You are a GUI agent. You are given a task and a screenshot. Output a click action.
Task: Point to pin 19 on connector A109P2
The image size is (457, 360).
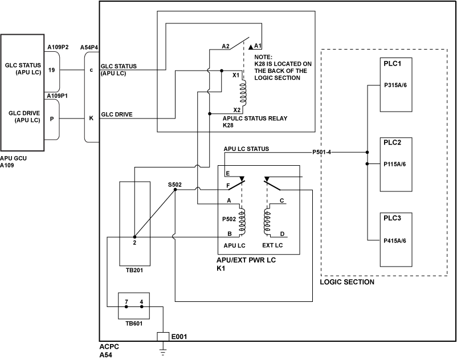click(x=52, y=70)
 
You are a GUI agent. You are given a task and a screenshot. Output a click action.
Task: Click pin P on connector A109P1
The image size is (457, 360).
click(x=52, y=118)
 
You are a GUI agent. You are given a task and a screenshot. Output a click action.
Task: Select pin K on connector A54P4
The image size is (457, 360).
click(x=91, y=118)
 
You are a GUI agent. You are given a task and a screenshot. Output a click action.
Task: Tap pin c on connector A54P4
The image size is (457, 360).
click(x=91, y=70)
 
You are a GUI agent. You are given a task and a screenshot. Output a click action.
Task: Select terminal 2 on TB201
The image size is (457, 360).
click(x=134, y=243)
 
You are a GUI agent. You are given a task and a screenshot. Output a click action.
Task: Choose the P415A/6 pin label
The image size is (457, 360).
click(x=395, y=241)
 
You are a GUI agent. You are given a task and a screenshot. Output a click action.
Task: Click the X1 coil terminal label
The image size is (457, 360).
click(x=236, y=75)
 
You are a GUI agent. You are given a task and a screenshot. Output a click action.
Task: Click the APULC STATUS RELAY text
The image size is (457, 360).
click(x=255, y=118)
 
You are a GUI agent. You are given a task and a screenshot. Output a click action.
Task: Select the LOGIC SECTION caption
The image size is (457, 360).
click(x=347, y=282)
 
